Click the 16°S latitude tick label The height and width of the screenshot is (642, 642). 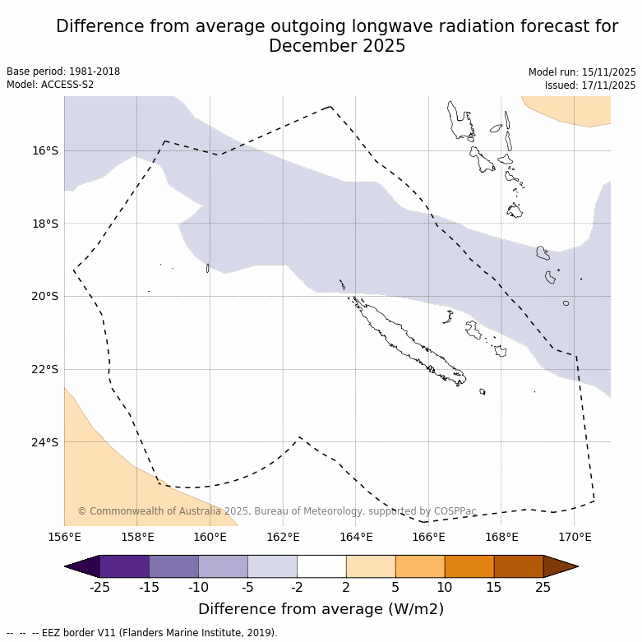[x=45, y=150]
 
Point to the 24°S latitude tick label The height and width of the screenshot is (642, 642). [x=45, y=442]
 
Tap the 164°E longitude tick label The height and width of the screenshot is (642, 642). [x=355, y=538]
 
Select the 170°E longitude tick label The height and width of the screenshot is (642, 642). [x=574, y=538]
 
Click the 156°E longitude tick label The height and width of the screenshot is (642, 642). [x=64, y=538]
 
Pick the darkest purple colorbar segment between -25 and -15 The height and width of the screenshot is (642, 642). [x=124, y=566]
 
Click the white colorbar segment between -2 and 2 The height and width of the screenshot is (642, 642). [x=321, y=566]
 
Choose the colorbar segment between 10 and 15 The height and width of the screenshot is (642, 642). [x=469, y=566]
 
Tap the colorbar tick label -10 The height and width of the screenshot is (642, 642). [x=198, y=586]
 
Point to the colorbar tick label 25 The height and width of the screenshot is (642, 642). [x=543, y=586]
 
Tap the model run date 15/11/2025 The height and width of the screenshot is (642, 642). [x=607, y=72]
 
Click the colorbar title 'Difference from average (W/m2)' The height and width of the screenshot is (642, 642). [x=321, y=609]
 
